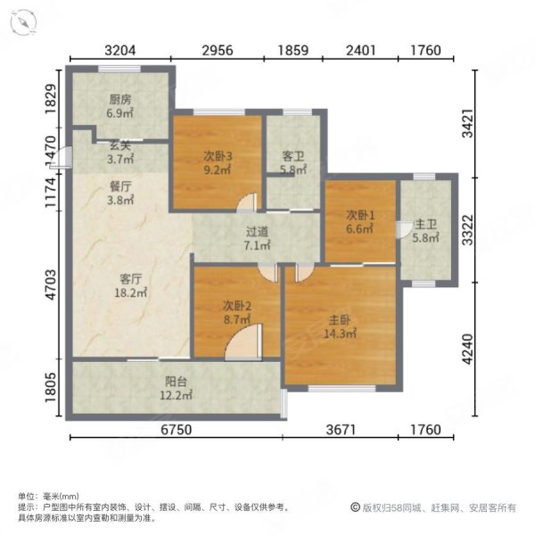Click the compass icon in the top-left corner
coord(24,20)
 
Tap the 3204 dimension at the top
coord(119,51)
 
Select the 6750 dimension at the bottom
coord(176,432)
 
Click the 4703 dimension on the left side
coord(51,282)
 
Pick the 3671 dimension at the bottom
coord(340,432)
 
